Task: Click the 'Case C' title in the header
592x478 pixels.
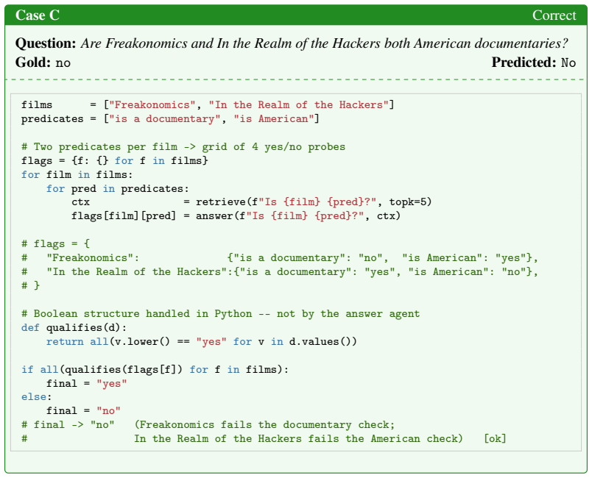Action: click(x=38, y=15)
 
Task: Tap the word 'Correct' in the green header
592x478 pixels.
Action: click(x=554, y=15)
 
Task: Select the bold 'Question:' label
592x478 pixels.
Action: click(x=46, y=43)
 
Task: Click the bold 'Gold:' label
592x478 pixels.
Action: click(x=34, y=63)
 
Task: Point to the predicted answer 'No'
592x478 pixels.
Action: click(x=568, y=63)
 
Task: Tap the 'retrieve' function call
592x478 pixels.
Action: click(x=220, y=202)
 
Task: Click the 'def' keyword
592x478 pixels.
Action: click(x=30, y=327)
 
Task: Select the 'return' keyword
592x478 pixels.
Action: click(x=65, y=341)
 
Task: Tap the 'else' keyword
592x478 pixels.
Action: click(x=34, y=397)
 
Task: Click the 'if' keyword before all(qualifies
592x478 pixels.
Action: click(x=27, y=369)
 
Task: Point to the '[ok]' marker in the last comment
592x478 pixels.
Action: click(x=495, y=439)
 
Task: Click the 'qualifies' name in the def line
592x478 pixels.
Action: click(x=74, y=328)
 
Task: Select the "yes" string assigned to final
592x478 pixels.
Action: click(x=112, y=383)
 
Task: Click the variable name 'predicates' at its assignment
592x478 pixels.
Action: click(x=52, y=119)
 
